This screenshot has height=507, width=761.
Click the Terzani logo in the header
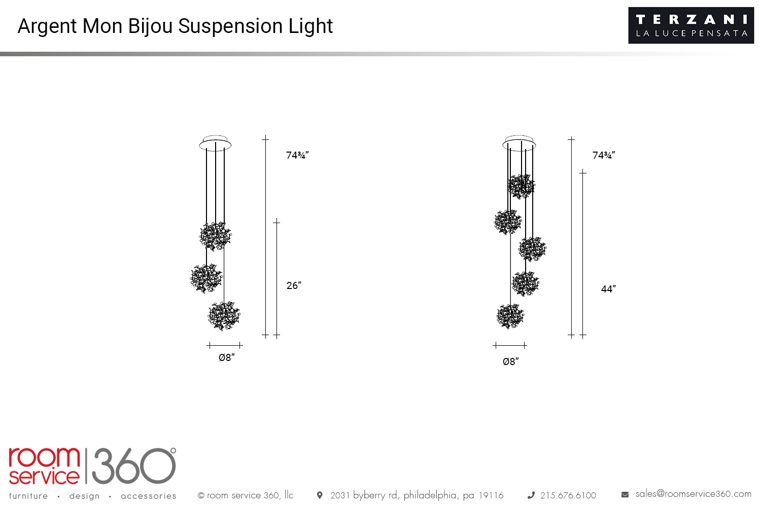pos(691,25)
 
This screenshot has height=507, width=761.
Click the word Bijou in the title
pos(151,26)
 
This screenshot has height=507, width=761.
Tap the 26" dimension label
pos(294,285)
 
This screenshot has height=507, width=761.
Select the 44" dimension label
pos(608,289)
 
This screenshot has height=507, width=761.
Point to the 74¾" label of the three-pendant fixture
pos(297,155)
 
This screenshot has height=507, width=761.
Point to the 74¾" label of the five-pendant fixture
pos(604,155)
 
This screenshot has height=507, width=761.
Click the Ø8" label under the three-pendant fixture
pos(227,357)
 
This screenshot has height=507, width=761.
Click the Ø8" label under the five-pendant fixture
pos(510,361)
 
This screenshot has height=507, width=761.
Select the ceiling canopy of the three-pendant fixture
pos(216,143)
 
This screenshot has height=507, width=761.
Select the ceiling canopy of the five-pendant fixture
pos(519,143)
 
